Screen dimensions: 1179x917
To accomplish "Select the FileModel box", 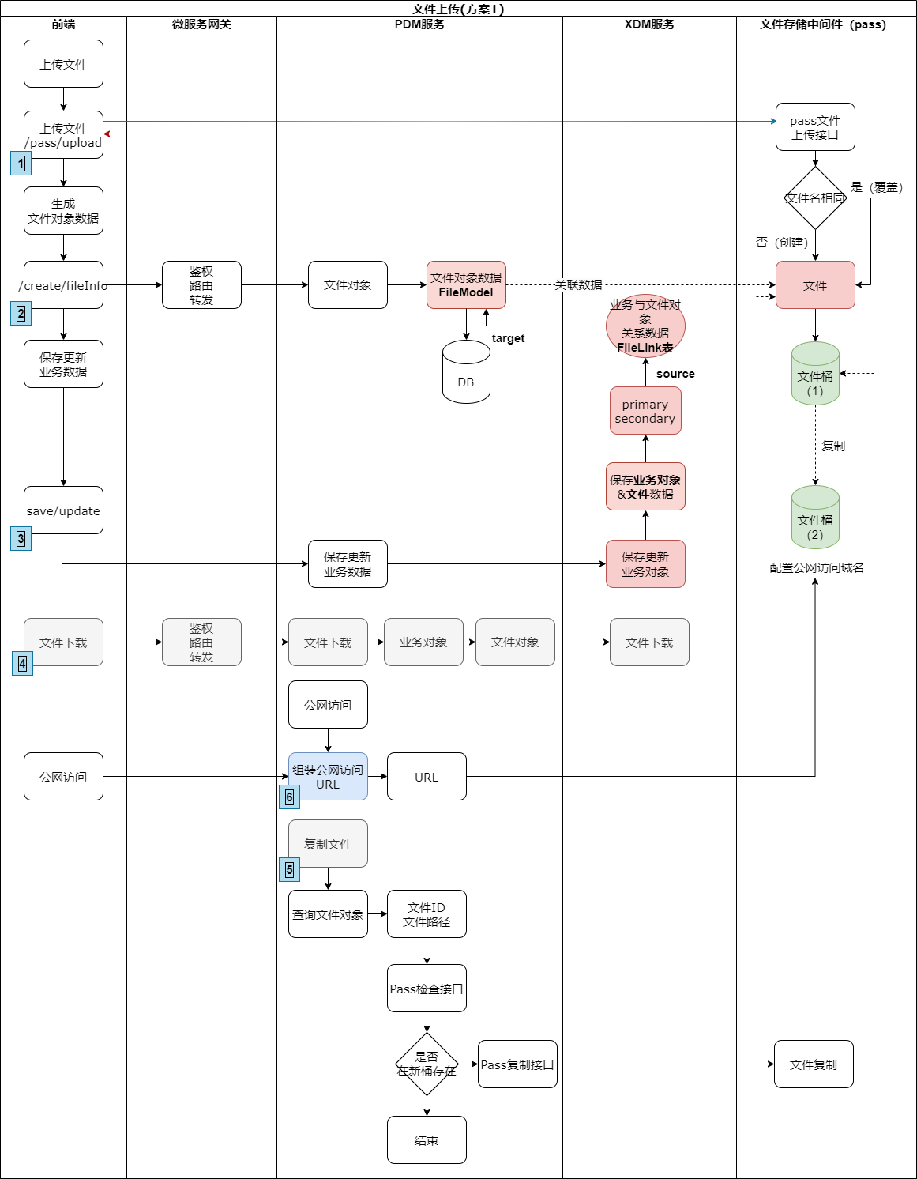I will coord(466,285).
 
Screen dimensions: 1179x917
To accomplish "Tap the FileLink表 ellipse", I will coord(645,326).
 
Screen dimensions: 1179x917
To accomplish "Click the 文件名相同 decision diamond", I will coord(815,198).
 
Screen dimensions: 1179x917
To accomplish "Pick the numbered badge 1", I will coord(21,164).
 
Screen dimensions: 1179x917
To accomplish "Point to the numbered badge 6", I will coord(290,797).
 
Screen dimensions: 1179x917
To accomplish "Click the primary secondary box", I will coord(645,411).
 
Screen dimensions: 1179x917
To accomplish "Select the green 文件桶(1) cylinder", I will coord(815,375).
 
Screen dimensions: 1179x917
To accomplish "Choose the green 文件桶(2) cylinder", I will coord(815,518).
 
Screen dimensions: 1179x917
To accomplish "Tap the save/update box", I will coord(63,510).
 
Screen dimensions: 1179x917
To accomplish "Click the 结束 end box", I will coord(427,1140).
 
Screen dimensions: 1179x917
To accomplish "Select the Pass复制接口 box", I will coord(517,1064).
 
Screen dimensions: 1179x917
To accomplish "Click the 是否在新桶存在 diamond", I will coord(427,1064).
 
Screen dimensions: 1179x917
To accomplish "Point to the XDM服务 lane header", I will coord(649,24).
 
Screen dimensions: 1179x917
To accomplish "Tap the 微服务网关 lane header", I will coord(201,24).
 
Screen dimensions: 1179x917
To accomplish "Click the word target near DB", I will coord(508,338).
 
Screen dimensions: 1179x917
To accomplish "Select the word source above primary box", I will coord(675,374).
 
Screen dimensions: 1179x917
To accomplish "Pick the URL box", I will coord(427,777).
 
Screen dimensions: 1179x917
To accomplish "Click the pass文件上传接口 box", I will coord(815,127).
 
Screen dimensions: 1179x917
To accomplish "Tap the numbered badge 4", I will coord(23,664).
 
